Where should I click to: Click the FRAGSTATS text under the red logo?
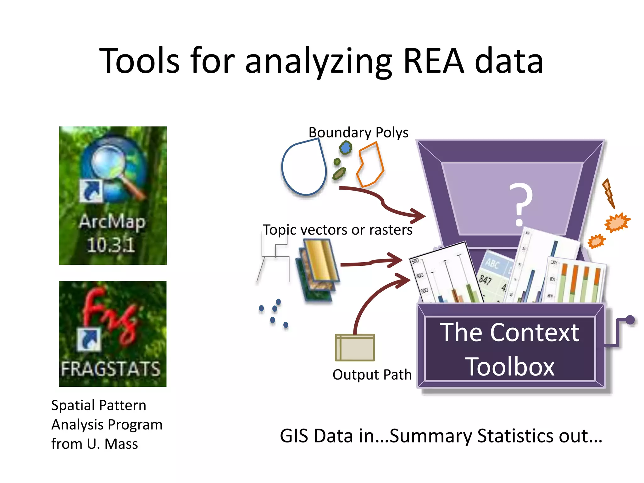pos(111,369)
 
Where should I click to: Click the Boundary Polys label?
pos(358,132)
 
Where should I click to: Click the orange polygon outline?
pos(370,165)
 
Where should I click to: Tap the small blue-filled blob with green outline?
pos(346,147)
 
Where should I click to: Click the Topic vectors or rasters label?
pos(337,230)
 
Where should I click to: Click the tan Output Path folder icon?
pos(355,348)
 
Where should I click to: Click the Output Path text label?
pos(372,375)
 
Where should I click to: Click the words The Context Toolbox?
pos(509,349)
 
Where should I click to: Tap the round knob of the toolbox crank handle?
pos(630,320)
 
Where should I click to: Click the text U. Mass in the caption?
pos(112,444)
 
